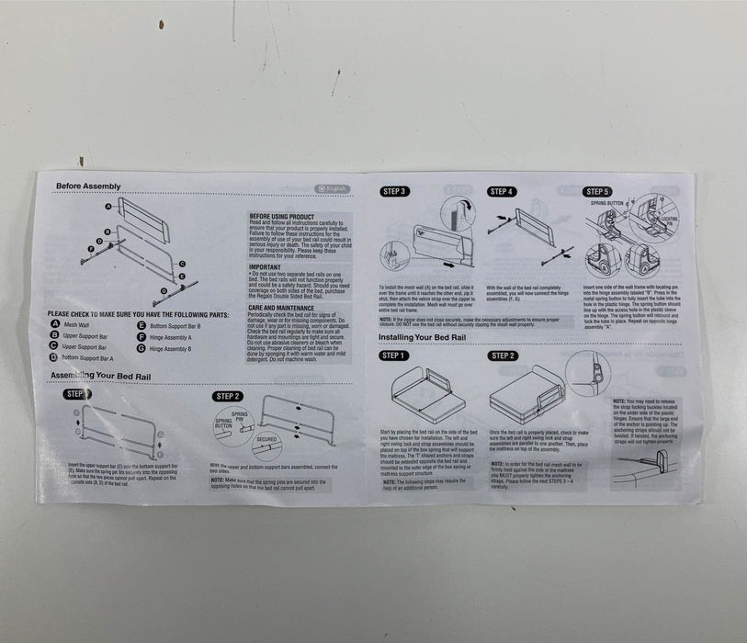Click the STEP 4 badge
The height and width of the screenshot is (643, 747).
(501, 192)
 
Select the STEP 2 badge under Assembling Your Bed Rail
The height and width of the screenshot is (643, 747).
(227, 396)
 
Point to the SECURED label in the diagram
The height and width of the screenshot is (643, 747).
(267, 439)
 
